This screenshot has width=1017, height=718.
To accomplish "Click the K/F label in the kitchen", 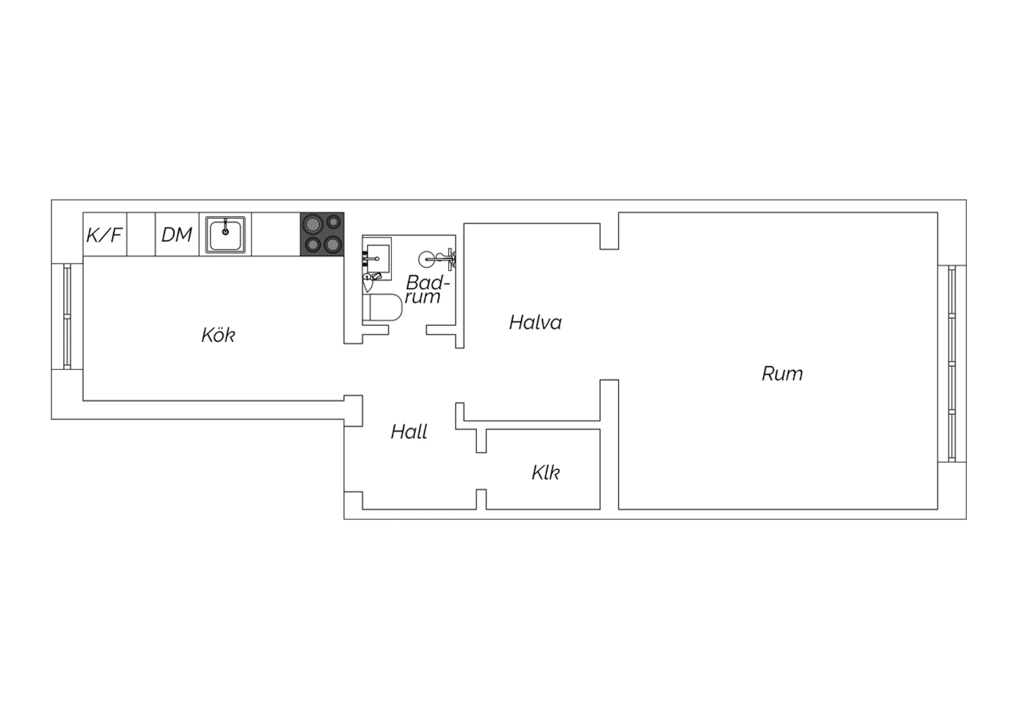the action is [104, 235].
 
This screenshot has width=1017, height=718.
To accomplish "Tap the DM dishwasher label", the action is [176, 234].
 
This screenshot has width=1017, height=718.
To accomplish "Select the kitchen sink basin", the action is [225, 234].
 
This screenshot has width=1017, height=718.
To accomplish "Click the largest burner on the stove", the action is [313, 224].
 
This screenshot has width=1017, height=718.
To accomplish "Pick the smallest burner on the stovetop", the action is [334, 221].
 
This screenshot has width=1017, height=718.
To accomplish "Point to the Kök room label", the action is [218, 335].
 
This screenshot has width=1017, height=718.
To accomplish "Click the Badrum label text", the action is [426, 289].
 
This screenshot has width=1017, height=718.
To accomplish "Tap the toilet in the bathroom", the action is [382, 308].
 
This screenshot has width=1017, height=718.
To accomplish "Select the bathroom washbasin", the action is [378, 258].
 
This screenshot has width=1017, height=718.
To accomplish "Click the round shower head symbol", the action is [426, 259].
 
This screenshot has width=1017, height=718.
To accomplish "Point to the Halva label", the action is [536, 322].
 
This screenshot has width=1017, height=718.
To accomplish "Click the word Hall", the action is [409, 431].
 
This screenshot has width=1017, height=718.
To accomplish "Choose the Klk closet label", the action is [546, 473].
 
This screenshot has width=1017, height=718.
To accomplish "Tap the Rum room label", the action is [782, 374].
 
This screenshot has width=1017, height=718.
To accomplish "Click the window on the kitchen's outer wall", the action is [67, 316].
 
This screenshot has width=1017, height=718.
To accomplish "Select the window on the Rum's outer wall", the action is [952, 364].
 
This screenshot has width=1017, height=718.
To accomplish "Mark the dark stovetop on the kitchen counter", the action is [322, 234].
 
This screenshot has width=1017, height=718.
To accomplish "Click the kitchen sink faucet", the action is [225, 227].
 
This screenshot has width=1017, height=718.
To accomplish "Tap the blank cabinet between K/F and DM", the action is [141, 234].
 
